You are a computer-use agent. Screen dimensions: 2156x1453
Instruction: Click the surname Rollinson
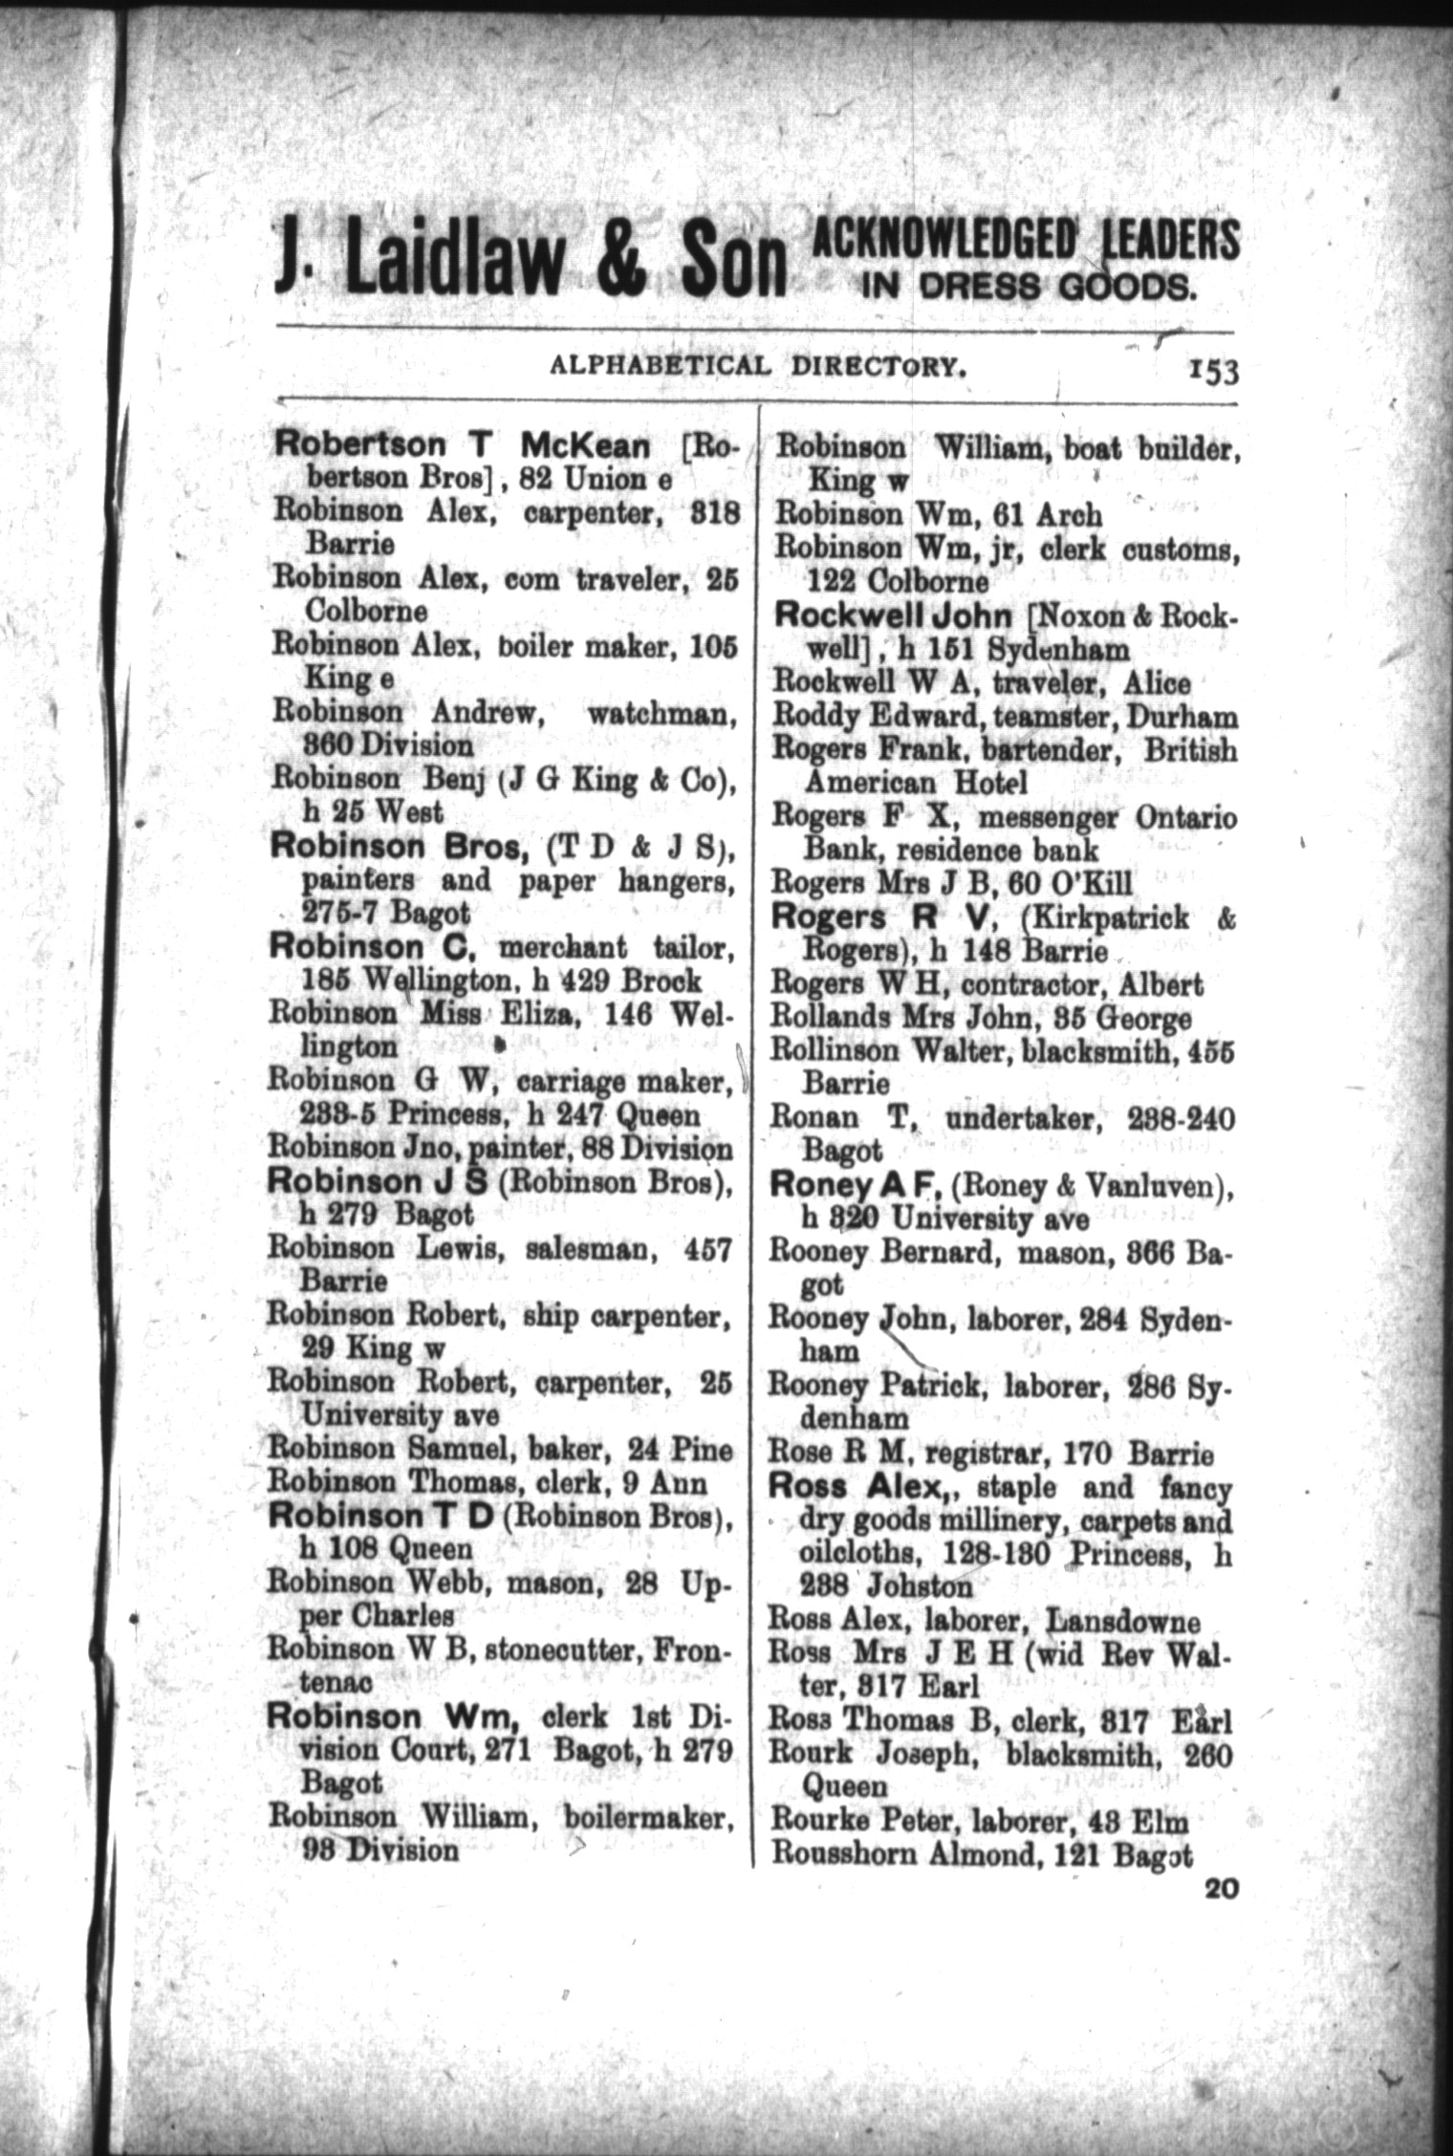coord(835,1050)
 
